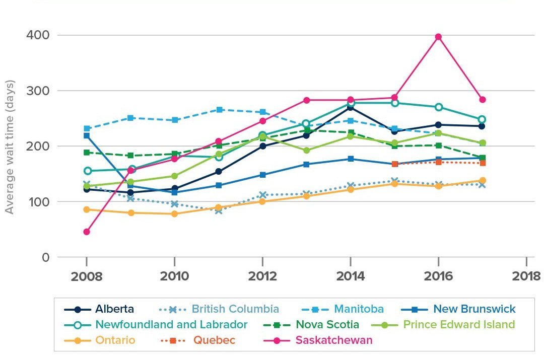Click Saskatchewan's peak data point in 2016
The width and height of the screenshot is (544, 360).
coord(438,37)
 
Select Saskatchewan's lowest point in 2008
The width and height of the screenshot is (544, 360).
coord(87,232)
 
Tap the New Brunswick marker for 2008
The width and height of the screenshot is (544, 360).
coord(87,135)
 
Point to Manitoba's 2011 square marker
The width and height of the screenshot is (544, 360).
coord(219,109)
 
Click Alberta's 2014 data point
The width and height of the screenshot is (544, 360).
coord(351,107)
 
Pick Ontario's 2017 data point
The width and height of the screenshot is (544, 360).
coord(482,180)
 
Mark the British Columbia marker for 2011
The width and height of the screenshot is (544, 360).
coord(219,210)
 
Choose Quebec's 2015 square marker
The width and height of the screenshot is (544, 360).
coord(395,164)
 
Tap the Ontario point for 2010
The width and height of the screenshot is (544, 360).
coord(174,213)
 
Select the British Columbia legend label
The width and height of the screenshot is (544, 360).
coord(235,309)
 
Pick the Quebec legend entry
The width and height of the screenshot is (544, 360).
coord(214,340)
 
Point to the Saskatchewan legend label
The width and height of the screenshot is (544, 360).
coord(333,340)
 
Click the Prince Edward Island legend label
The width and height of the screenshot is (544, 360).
coord(458,324)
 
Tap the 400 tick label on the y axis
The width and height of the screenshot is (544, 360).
coord(38,35)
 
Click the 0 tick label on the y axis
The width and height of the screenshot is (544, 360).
coord(45,257)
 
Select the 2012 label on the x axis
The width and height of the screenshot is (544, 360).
coord(262,276)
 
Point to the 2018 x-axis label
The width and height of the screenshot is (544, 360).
coord(526,276)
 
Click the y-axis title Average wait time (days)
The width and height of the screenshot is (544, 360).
coord(10,146)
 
